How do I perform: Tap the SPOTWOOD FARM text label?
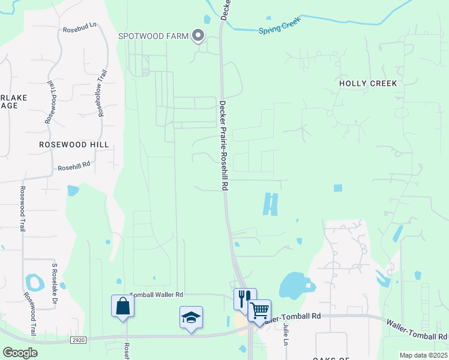tap(153, 37)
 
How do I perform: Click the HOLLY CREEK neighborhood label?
tap(368, 83)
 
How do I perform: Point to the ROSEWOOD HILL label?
tap(74, 145)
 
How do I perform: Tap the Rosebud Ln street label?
tap(79, 29)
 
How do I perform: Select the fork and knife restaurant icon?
tap(244, 298)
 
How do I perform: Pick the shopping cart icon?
tap(259, 310)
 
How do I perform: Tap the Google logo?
tap(20, 353)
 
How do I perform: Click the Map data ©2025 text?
tap(423, 355)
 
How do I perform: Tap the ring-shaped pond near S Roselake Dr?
tap(34, 281)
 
